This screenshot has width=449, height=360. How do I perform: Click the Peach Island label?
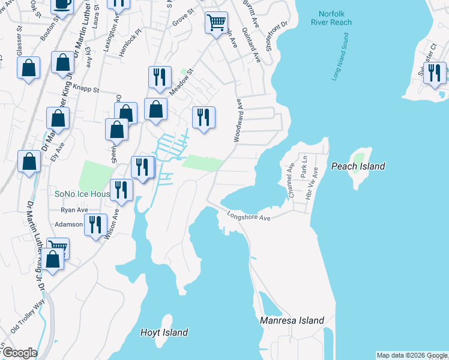[x=357, y=166]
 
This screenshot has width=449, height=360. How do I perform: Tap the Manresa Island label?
[x=292, y=320]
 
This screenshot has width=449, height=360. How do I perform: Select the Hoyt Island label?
[x=164, y=332]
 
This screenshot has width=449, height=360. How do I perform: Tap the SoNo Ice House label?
[x=80, y=194]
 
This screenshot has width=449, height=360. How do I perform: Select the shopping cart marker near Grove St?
[x=216, y=23]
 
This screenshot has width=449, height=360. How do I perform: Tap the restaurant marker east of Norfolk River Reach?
[x=434, y=73]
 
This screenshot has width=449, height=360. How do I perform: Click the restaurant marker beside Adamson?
[x=95, y=225]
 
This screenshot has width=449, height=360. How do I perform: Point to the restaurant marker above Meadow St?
[x=160, y=77]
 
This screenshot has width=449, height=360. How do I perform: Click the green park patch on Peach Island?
[x=358, y=160]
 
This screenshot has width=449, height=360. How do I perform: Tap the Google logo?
[x=20, y=353]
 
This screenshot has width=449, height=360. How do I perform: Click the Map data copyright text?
[x=412, y=355]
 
